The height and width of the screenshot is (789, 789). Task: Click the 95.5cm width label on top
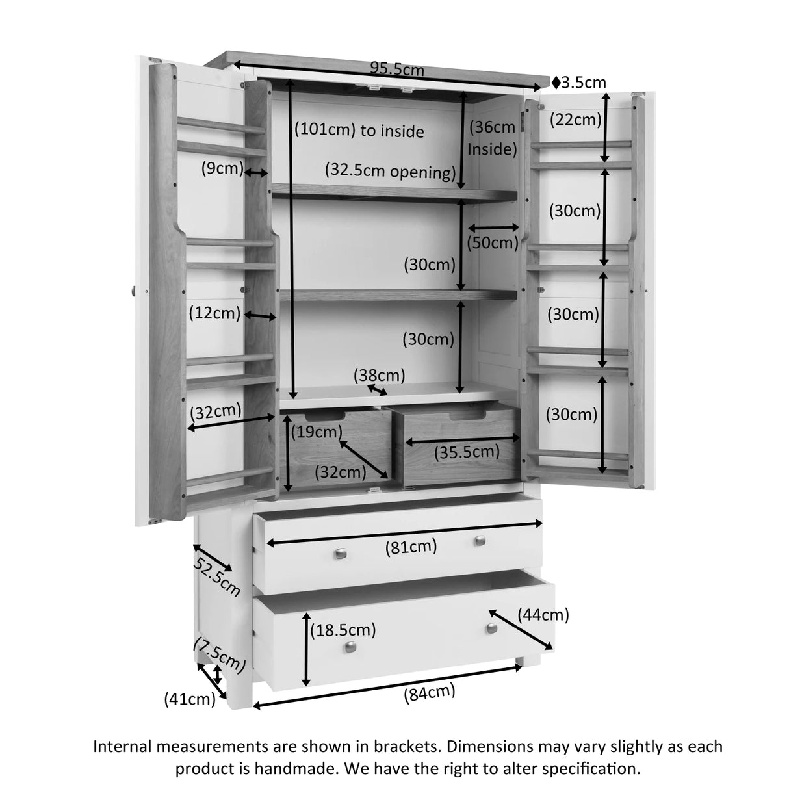tap(396, 68)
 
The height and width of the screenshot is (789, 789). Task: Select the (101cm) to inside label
tap(359, 131)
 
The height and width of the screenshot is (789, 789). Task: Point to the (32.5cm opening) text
tap(390, 172)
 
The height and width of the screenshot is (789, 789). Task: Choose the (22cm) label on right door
tap(575, 120)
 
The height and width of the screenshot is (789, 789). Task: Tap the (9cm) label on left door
tap(222, 169)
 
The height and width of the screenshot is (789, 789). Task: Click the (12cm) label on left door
tap(214, 313)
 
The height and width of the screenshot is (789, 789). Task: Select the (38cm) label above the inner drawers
tap(379, 375)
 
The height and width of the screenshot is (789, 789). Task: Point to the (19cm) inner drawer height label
tap(316, 431)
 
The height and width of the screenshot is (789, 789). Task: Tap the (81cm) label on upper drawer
tap(411, 548)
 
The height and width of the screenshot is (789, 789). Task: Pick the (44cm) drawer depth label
tap(543, 614)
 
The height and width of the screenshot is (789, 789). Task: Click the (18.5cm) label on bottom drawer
tap(343, 629)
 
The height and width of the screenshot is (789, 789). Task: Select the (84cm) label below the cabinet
tap(429, 693)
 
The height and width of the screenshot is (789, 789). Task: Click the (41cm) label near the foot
tap(189, 699)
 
